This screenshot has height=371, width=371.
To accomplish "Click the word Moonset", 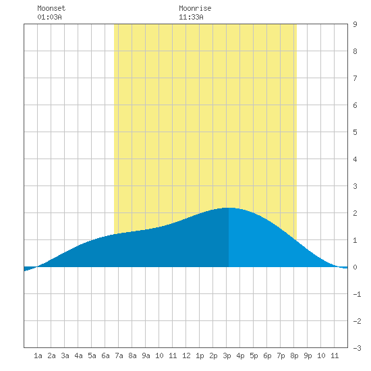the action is pos(51,8).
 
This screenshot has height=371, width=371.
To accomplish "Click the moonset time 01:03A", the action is pos(49,17).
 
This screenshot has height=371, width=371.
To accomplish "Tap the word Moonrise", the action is pos(195,8).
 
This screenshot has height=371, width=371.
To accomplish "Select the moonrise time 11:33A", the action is pos(191,17).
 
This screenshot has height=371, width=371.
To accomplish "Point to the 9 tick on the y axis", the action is pos(355,24).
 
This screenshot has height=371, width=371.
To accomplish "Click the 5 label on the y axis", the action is pos(355,132).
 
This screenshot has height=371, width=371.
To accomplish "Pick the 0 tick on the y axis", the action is pos(355,267).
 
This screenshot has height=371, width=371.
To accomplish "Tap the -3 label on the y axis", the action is pos(357,348).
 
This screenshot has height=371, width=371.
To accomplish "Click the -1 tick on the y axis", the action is pos(357,294).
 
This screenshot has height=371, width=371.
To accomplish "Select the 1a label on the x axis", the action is pos(38,355).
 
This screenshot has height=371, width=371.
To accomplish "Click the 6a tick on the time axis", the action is pos(105,355).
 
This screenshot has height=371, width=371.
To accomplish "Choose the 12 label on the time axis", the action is pos(186,355).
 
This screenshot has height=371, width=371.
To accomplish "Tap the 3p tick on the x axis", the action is pos(227,355).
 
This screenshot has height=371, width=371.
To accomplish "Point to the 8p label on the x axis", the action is pos(294,355).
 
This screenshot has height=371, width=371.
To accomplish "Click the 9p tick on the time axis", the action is pos(308,355).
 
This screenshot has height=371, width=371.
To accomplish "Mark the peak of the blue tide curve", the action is pos(229,208).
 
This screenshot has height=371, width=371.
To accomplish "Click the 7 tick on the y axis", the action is pos(355,78).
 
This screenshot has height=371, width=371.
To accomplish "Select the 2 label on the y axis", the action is pos(355,213).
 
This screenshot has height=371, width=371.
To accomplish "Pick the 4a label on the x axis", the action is pos(78,355).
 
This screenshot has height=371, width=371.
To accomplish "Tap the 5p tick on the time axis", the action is pos(254,355).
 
